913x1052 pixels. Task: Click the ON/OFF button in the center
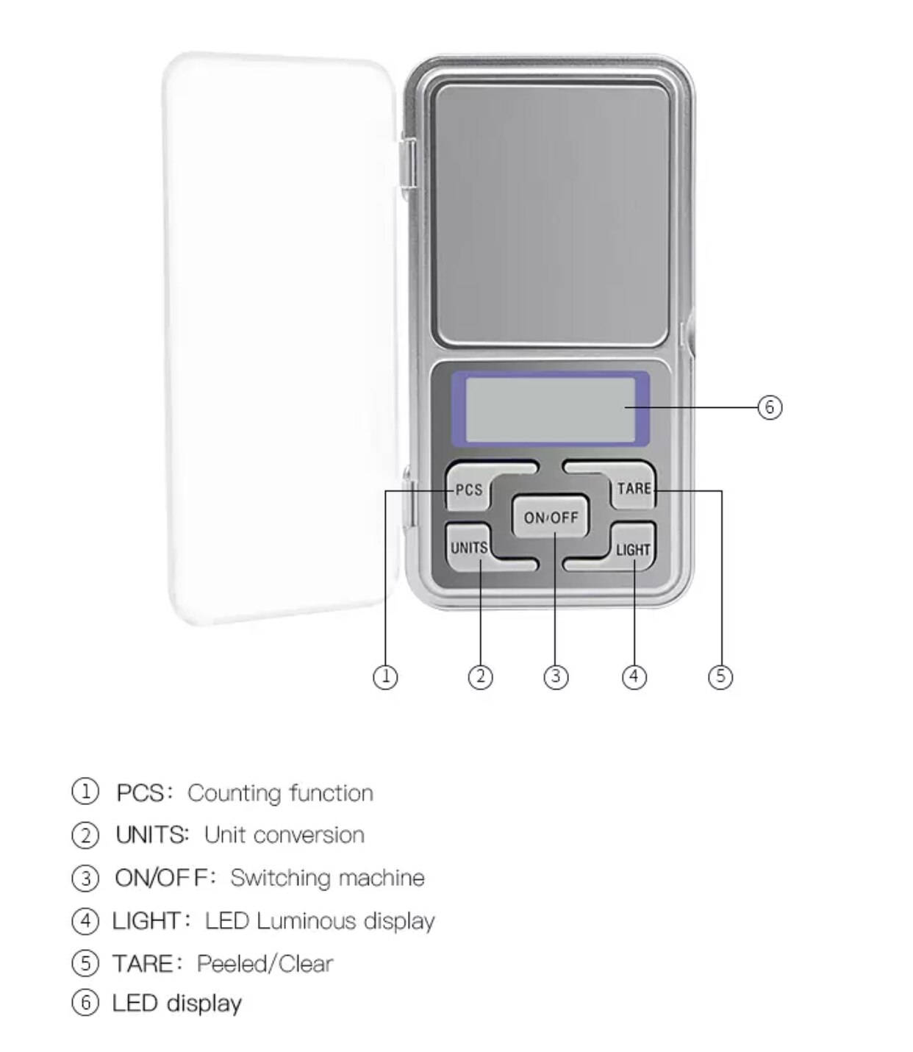point(551,517)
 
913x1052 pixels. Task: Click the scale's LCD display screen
point(550,409)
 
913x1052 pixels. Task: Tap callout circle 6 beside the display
point(770,407)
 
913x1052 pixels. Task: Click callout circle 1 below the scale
point(385,676)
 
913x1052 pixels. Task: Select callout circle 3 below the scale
point(556,676)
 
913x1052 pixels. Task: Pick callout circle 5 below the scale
point(720,676)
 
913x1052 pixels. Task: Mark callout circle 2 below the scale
point(480,676)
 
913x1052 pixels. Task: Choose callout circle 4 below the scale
point(634,676)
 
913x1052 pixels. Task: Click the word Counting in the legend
point(234,793)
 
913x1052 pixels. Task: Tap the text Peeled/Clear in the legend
point(265,963)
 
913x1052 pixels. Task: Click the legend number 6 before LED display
point(85,1003)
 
